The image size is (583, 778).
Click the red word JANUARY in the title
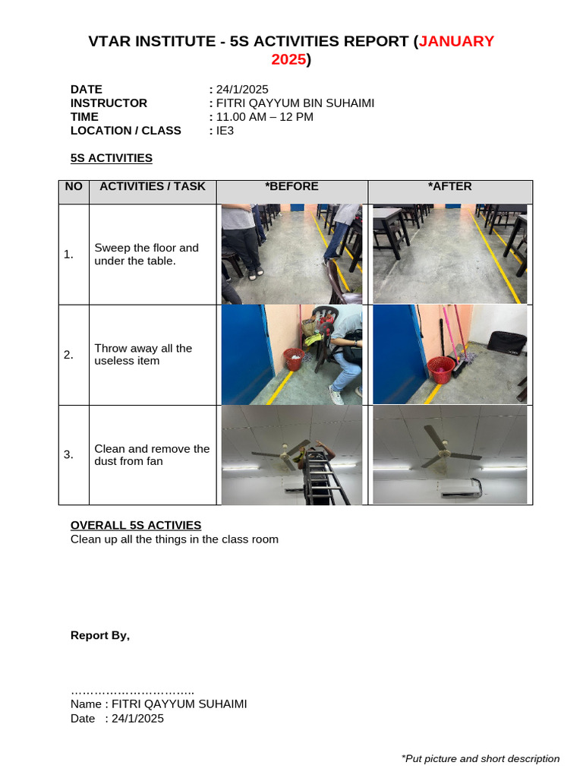[x=456, y=41]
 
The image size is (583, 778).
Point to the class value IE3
[x=225, y=130]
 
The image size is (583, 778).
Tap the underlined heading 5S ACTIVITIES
[x=112, y=158]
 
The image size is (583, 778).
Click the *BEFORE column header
[x=291, y=186]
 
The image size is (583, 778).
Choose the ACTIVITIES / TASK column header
[x=153, y=186]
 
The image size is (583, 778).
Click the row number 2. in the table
[x=69, y=355]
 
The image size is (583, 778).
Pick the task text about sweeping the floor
[x=146, y=254]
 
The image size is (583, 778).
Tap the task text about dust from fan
[x=151, y=454]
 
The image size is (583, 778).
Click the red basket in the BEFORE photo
[x=293, y=359]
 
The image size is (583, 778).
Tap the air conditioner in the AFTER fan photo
[x=461, y=487]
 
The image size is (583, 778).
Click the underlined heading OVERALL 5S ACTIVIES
[x=136, y=525]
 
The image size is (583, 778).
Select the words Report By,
[x=100, y=635]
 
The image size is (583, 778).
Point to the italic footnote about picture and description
[x=480, y=758]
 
